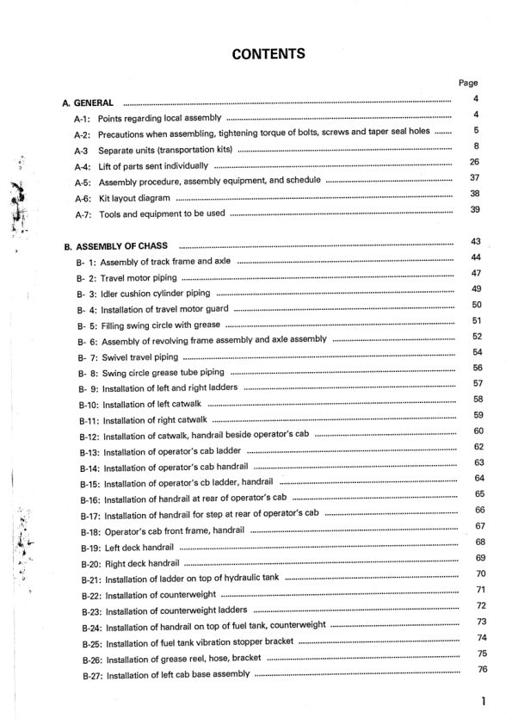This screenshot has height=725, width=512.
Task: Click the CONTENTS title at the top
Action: point(268,55)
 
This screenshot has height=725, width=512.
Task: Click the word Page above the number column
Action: point(468,84)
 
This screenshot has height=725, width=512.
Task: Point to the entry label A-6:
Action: point(83,197)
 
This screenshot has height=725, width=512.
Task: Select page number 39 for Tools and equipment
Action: point(474,210)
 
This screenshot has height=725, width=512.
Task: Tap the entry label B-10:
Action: point(90,404)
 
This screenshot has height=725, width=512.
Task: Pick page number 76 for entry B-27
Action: point(482,670)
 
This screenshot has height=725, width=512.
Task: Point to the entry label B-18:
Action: point(90,532)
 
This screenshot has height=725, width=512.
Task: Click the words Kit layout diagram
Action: point(133,197)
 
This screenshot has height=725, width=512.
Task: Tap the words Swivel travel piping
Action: point(139,356)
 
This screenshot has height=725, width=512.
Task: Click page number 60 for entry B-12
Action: point(478,431)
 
